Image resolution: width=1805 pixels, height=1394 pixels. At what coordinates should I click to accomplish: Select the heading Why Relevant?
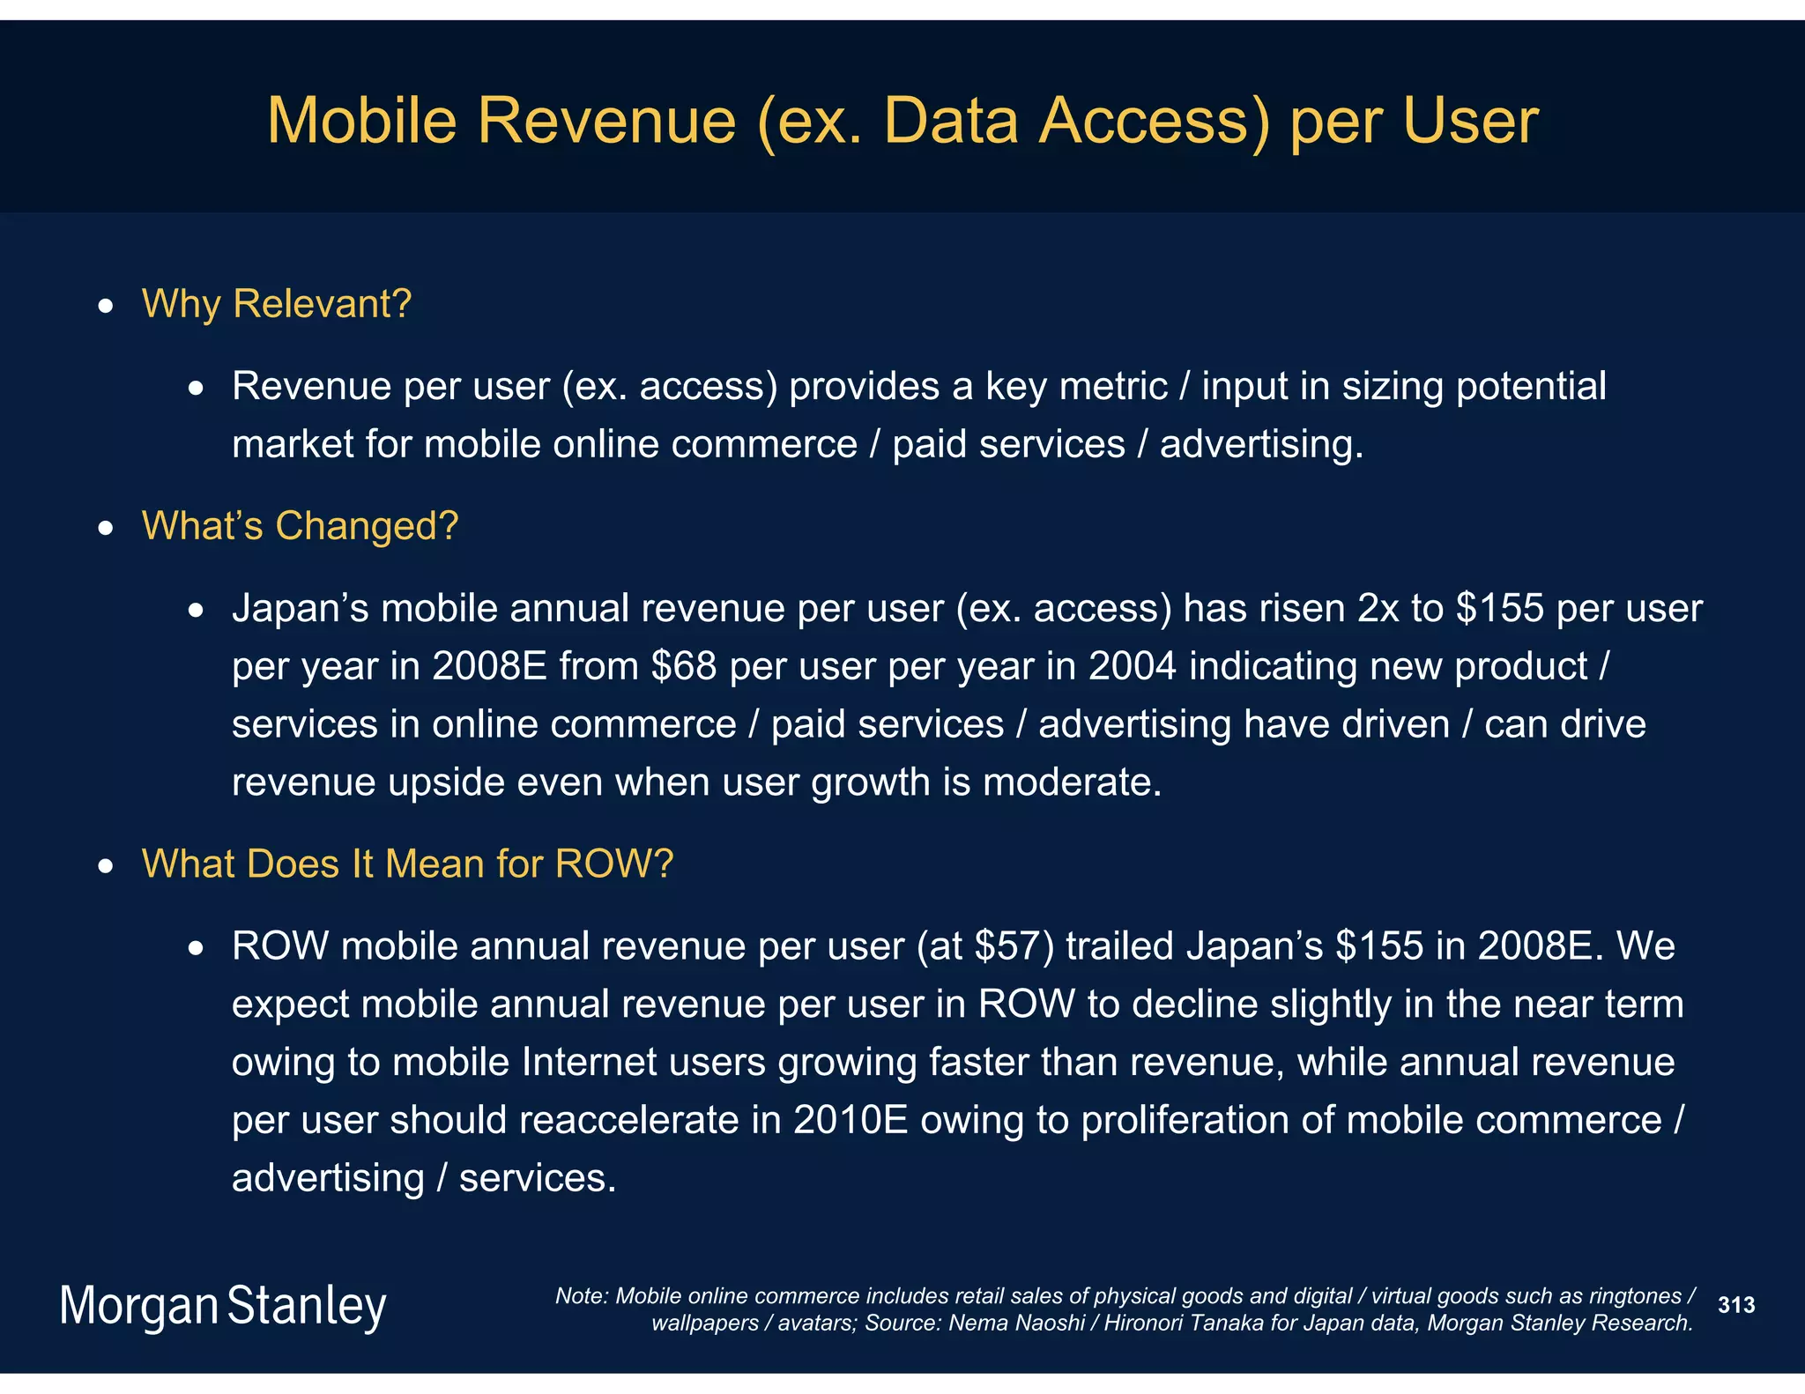click(277, 304)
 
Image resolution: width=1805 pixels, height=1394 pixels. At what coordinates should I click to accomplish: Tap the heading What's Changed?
click(300, 526)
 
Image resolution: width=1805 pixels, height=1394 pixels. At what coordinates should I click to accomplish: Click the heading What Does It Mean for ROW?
click(407, 864)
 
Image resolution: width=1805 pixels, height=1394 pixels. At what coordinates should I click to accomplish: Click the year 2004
click(1132, 666)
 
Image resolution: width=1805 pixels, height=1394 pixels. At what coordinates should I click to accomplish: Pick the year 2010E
click(851, 1121)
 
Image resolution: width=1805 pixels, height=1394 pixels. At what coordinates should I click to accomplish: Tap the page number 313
click(1736, 1305)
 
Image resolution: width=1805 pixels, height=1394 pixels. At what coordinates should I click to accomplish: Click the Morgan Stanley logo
click(223, 1306)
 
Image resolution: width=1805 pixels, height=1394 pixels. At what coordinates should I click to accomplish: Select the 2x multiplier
click(1377, 609)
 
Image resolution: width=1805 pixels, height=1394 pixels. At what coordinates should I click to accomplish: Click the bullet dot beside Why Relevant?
click(106, 307)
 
